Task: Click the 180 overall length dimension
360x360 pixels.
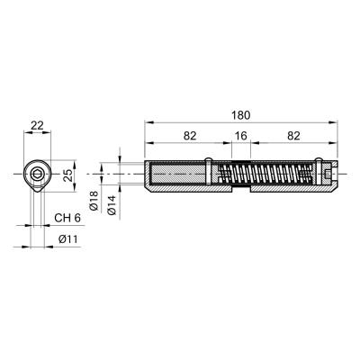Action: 241,115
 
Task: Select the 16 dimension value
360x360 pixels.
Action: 241,136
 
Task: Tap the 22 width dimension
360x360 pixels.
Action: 37,125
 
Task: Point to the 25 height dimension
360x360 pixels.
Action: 69,175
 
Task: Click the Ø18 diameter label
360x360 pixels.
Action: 94,201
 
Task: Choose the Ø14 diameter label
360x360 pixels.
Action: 112,205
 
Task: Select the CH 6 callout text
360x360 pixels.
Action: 67,218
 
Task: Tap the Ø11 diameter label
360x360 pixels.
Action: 68,239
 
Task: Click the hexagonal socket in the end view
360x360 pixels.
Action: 38,174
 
